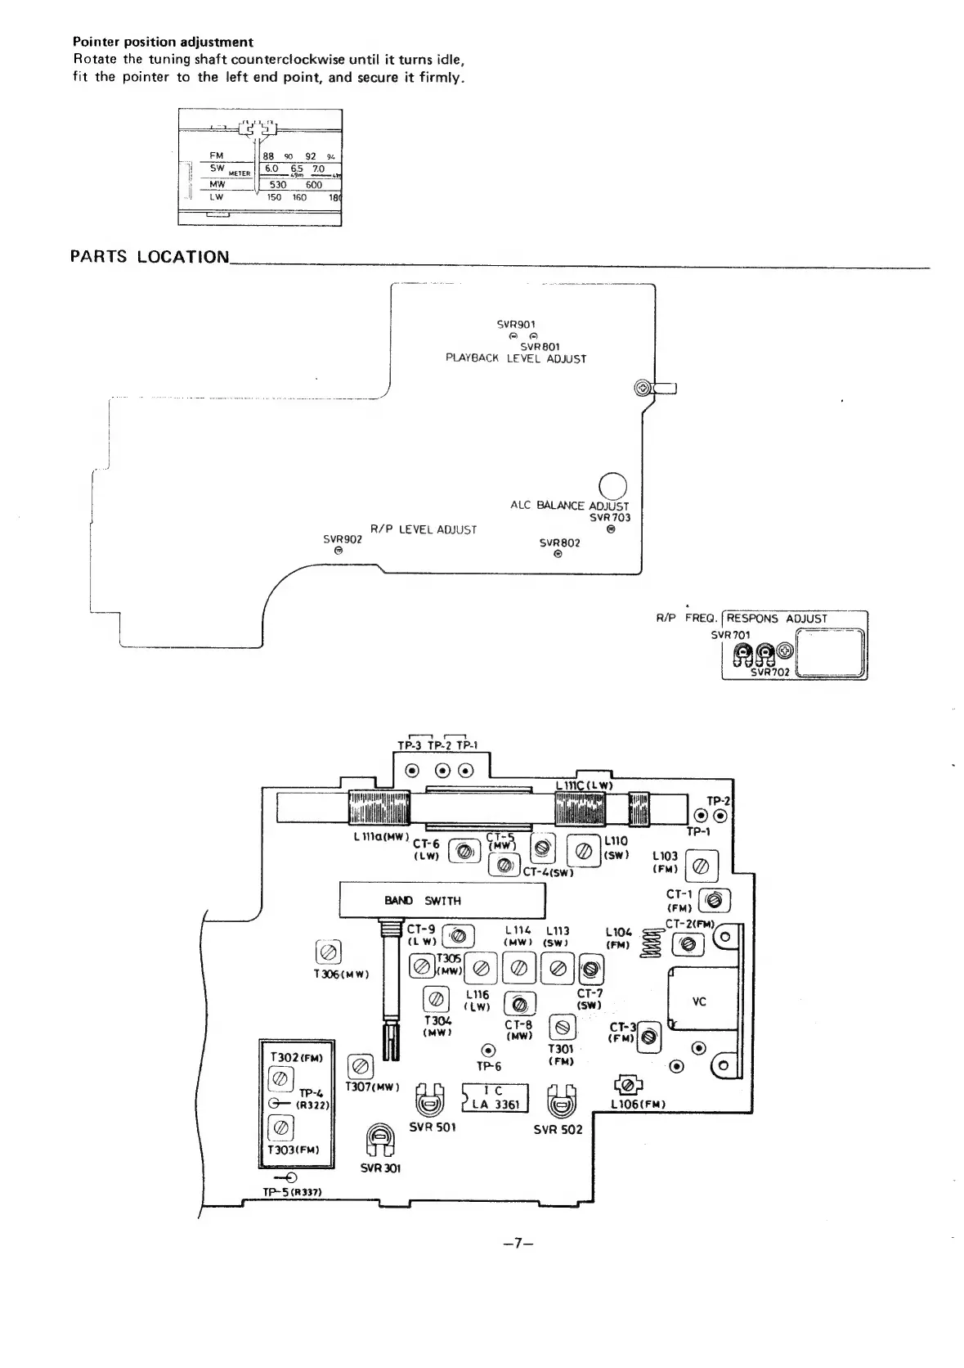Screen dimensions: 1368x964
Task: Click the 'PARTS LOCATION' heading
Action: (x=150, y=257)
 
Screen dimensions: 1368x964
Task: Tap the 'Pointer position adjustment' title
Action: (x=163, y=42)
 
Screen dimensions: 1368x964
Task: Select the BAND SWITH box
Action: (x=442, y=901)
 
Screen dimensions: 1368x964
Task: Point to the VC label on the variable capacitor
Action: (x=699, y=1001)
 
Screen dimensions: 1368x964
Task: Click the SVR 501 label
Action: (x=433, y=1127)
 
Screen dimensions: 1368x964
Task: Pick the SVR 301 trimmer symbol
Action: (x=379, y=1140)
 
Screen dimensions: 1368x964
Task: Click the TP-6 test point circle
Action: (x=488, y=1050)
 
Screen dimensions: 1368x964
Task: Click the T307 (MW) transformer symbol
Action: (x=361, y=1067)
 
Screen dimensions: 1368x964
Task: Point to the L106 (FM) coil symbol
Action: (x=628, y=1086)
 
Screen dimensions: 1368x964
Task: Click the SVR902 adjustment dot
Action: (x=339, y=551)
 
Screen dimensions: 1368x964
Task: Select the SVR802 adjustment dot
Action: (x=558, y=554)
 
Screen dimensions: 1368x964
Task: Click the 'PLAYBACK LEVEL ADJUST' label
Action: (x=516, y=358)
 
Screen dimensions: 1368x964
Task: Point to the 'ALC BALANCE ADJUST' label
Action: (x=570, y=506)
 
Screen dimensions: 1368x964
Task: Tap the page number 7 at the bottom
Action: (x=519, y=1244)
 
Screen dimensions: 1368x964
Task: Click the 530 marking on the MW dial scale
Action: (x=278, y=185)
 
